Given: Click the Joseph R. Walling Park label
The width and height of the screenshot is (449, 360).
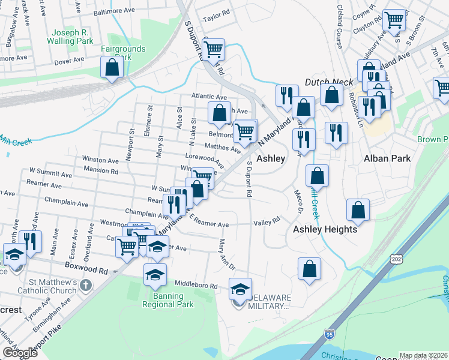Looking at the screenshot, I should pos(72,37).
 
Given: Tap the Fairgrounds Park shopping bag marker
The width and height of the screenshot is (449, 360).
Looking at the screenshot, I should pos(112,68).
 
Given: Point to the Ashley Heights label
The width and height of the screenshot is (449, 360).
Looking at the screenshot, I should pos(325,229).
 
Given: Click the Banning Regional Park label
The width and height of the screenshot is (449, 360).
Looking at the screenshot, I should pos(168,299).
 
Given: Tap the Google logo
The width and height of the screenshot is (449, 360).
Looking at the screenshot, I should pos(20,353).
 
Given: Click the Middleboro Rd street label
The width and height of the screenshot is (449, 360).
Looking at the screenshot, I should pos(194,283).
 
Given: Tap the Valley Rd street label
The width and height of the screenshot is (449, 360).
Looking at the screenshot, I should pos(267,221).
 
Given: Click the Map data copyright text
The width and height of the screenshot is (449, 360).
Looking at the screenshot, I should pos(424,355).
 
